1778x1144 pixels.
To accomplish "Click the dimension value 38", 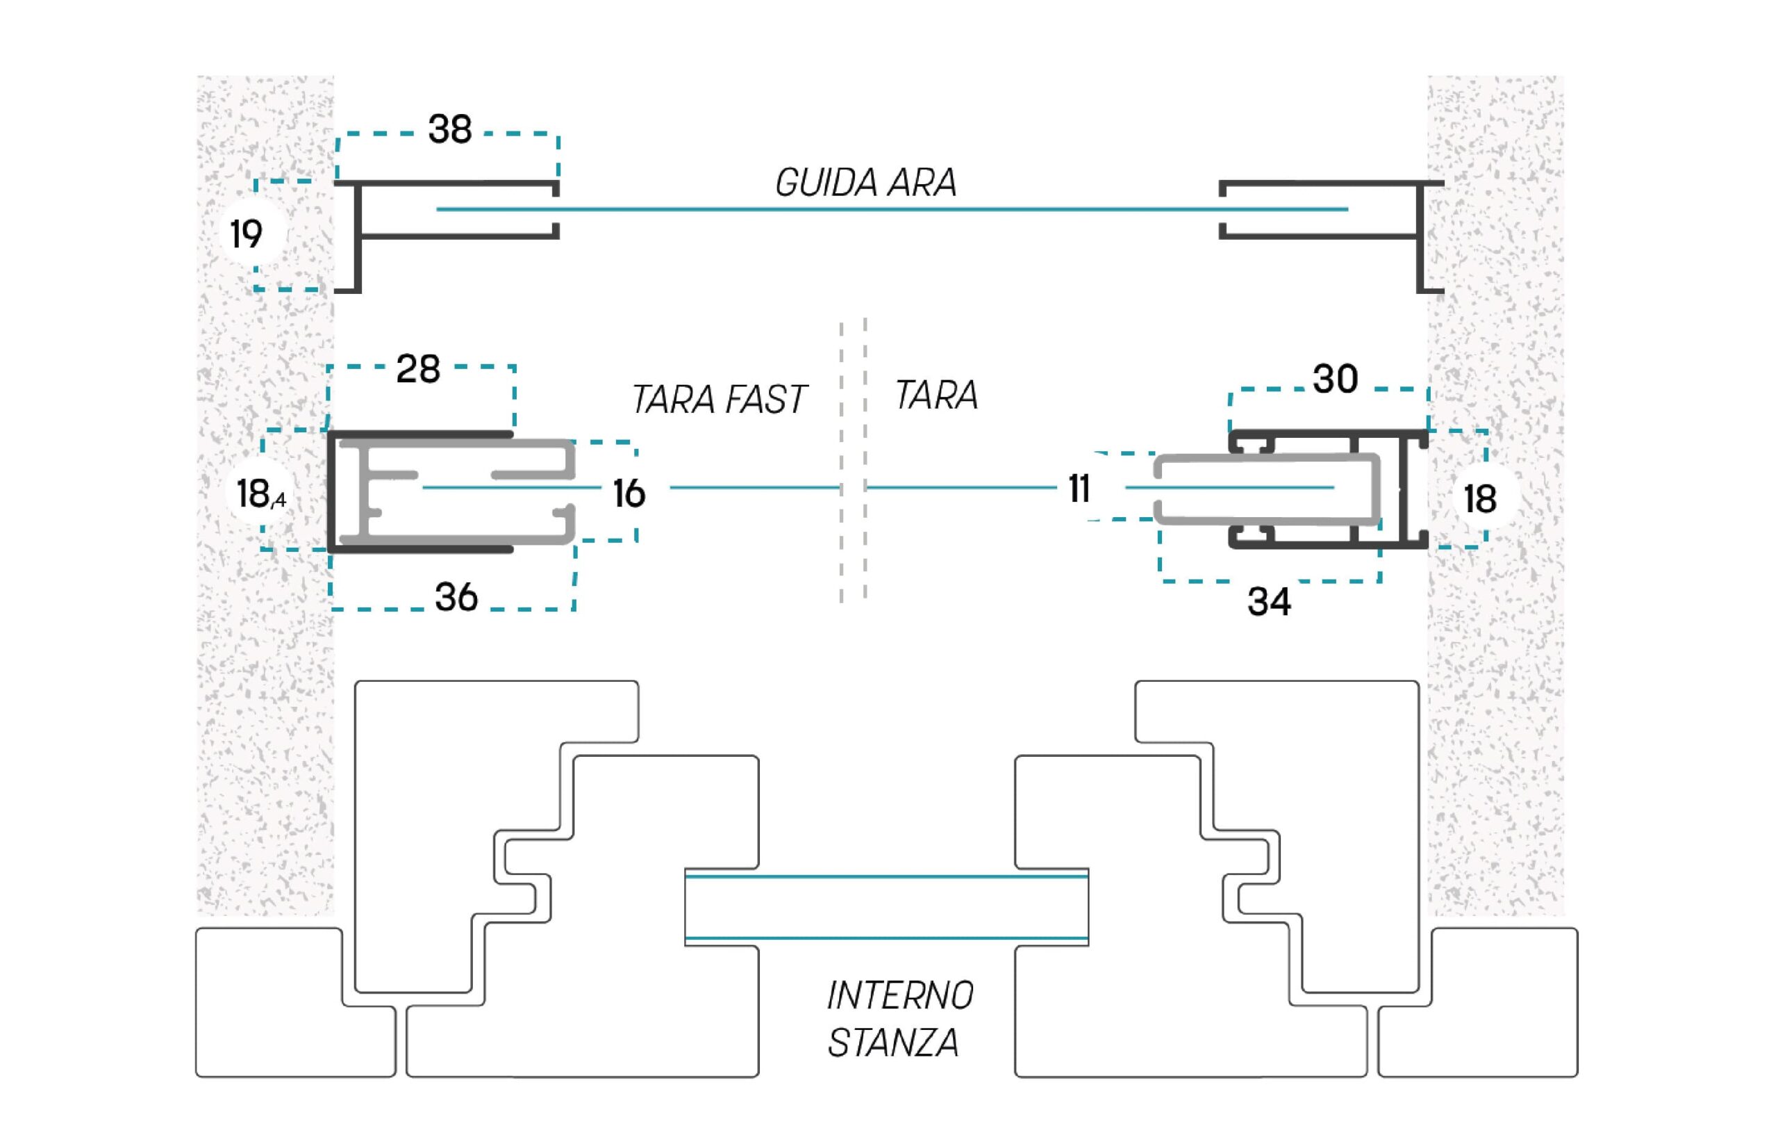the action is click(x=450, y=129).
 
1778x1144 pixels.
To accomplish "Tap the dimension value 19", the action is click(x=247, y=235).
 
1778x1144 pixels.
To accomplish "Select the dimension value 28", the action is click(x=418, y=369).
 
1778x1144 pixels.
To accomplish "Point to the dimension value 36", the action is click(x=456, y=597).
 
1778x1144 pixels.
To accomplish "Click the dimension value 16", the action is click(x=629, y=494).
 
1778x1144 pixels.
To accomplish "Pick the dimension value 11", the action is click(x=1079, y=489).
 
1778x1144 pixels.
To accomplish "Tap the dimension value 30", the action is click(x=1336, y=379).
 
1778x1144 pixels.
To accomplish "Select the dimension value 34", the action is click(x=1270, y=602).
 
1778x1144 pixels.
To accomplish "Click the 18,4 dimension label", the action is click(x=260, y=494).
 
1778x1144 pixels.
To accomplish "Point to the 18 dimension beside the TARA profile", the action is click(x=1479, y=499).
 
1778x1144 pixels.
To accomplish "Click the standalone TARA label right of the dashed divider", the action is click(x=937, y=395).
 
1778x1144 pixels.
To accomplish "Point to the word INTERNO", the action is click(x=899, y=996).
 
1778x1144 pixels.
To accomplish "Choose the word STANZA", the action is click(x=893, y=1043).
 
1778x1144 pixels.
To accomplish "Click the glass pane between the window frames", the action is click(x=886, y=907).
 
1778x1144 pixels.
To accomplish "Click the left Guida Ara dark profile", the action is click(x=358, y=237).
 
